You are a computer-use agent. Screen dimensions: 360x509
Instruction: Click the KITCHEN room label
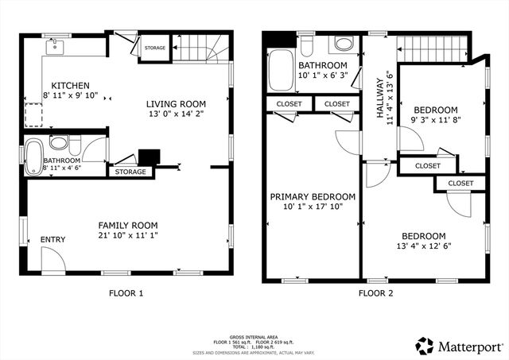[x=70, y=86]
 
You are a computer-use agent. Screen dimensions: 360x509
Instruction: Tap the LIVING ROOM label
[x=176, y=103]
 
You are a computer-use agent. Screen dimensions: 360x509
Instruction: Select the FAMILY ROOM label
[x=127, y=225]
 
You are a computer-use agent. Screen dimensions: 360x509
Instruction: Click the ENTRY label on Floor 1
[x=52, y=240]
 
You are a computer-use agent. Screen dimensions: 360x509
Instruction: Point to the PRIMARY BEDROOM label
[x=312, y=197]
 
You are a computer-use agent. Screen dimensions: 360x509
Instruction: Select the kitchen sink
[x=55, y=46]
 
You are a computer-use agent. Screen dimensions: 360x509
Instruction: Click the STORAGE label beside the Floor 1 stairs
[x=155, y=48]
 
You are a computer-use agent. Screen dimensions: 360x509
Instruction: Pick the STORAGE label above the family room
[x=130, y=172]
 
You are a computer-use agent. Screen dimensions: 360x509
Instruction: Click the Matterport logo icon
[x=425, y=346]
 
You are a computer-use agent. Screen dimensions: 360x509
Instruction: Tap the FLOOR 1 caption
[x=126, y=293]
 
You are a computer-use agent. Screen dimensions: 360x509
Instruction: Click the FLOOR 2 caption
[x=375, y=293]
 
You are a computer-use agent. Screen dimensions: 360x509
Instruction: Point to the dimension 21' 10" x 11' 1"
[x=127, y=237]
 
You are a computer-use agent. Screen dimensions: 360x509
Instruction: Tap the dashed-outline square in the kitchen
[x=33, y=115]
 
